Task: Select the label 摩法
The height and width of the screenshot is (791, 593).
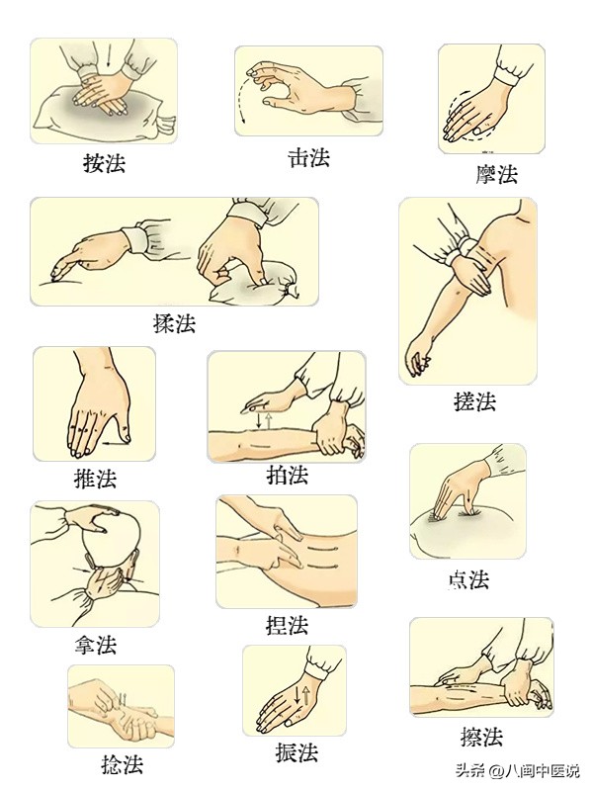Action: coord(495,175)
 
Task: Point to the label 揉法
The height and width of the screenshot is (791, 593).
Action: coord(174,322)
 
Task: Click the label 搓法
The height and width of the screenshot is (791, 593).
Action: coord(473,401)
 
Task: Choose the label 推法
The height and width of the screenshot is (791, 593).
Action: coord(95,480)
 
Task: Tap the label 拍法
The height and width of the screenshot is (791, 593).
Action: coord(287,475)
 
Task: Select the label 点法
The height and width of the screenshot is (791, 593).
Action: coord(467,579)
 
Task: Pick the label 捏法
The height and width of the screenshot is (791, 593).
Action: coord(287,625)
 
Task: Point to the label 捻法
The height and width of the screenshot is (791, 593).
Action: coord(120,764)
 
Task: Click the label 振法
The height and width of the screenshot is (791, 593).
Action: coord(296,752)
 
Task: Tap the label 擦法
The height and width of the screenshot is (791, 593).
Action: coord(481,737)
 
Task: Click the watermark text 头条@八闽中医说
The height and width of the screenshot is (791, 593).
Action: coord(517,771)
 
